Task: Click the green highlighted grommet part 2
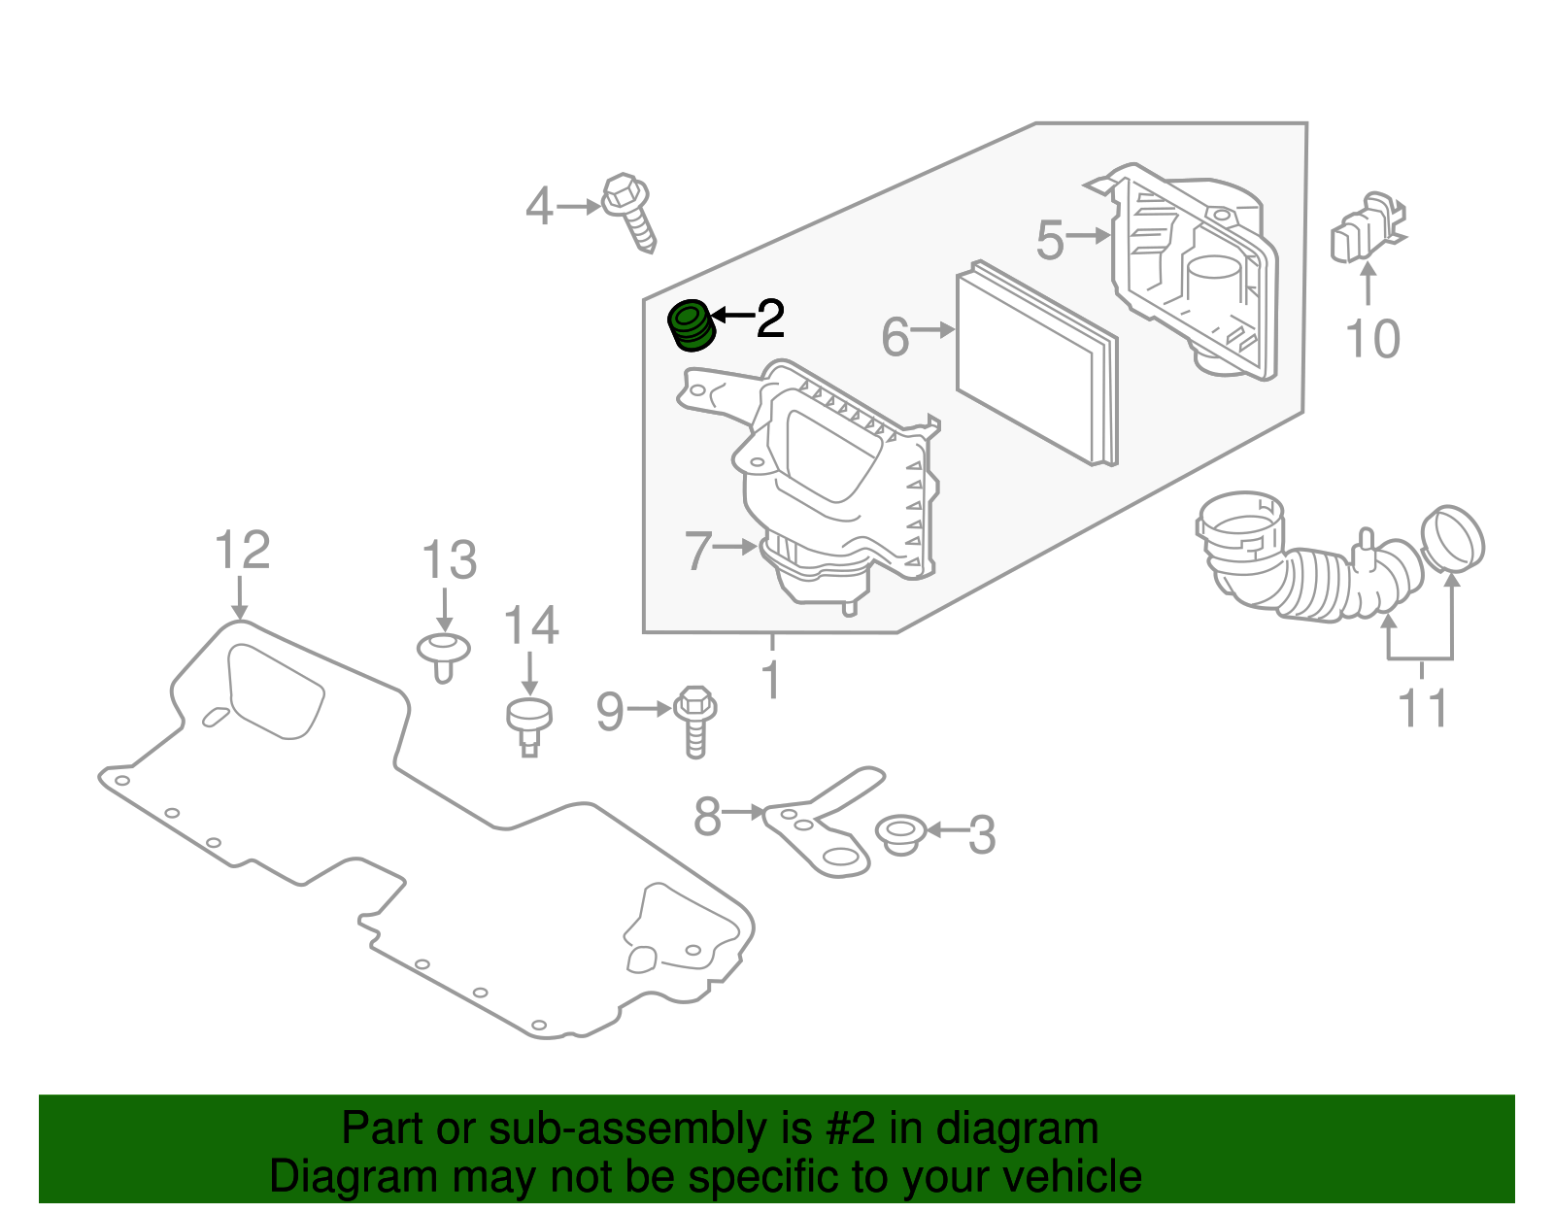[x=693, y=325]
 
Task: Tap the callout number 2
[x=769, y=319]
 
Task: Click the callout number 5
[x=1050, y=239]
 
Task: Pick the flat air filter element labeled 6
[x=1034, y=364]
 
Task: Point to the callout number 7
[x=698, y=551]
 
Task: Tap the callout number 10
[x=1372, y=339]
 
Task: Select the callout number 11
[x=1423, y=708]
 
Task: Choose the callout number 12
[x=242, y=551]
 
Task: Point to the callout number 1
[x=771, y=680]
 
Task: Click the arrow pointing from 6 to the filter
[x=933, y=331]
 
